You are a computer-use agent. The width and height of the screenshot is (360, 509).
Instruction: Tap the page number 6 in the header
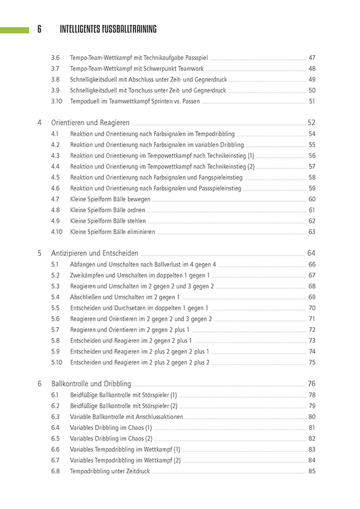tap(39, 29)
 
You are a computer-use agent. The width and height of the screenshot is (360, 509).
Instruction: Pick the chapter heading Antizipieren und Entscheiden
tap(95, 253)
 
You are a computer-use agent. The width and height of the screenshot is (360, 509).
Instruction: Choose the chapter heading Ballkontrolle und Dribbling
tap(91, 383)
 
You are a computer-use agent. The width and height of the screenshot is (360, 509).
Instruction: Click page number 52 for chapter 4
tap(312, 122)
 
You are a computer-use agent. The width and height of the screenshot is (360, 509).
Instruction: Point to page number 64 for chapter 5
tap(312, 253)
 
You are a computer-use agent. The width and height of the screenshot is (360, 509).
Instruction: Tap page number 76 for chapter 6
tap(312, 383)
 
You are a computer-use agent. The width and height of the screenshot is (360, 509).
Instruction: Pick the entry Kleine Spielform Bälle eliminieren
tap(113, 232)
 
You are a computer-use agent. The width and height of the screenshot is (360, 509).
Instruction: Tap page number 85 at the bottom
tap(312, 471)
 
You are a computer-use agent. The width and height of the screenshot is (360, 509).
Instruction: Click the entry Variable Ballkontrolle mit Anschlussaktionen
tap(126, 417)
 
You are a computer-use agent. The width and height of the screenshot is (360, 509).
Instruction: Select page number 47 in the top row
tap(312, 57)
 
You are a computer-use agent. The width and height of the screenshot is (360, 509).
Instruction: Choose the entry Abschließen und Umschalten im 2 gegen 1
tap(125, 297)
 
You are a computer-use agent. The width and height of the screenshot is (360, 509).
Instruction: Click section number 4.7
tap(55, 199)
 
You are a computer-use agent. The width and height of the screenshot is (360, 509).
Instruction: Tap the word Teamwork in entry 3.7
tap(192, 68)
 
